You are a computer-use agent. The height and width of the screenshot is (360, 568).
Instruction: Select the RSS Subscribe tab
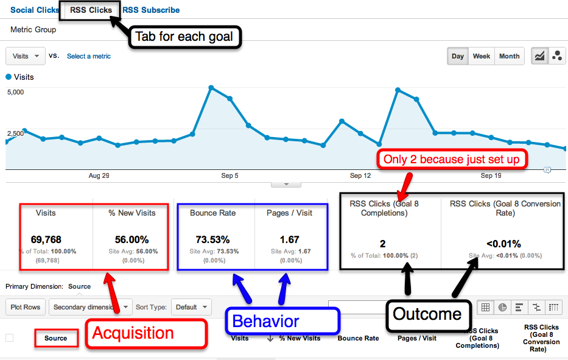point(151,10)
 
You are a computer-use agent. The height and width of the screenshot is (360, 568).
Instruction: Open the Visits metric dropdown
point(26,56)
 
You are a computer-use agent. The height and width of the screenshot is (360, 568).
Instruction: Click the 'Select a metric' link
point(89,56)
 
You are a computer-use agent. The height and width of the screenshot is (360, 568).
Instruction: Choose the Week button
point(481,56)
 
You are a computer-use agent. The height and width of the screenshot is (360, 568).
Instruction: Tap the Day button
point(458,56)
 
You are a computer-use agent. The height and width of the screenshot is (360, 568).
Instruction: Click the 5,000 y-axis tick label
point(16,92)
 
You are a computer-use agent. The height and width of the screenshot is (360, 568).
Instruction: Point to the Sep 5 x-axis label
point(230,175)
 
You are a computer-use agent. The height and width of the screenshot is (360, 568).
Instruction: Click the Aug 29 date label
point(99,175)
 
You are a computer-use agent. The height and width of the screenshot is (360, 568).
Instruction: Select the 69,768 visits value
point(46,239)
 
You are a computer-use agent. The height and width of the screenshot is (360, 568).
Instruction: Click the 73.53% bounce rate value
point(212,239)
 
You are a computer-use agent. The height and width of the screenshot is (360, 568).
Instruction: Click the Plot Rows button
point(26,307)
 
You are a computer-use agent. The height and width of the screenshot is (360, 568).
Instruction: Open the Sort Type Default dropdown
point(191,307)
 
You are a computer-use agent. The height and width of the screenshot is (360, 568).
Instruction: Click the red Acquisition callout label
point(133,333)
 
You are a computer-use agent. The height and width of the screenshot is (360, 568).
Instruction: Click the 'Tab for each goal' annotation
point(184,37)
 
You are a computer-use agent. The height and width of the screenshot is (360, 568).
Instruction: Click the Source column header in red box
point(56,338)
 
